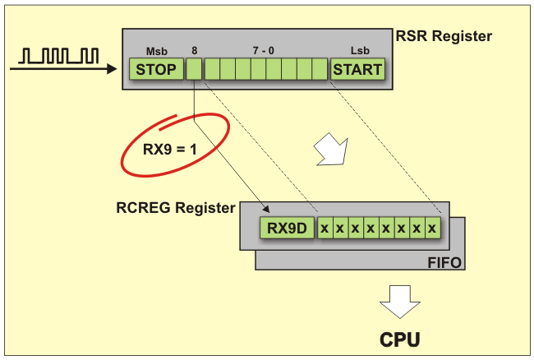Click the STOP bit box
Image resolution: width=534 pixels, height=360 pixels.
pos(156,69)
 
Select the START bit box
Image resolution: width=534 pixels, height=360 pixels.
pos(357,69)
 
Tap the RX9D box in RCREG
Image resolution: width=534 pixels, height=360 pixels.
pos(288,227)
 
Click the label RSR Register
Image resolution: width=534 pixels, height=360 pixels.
pos(444,36)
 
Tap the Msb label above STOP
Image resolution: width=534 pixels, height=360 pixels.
pos(156,51)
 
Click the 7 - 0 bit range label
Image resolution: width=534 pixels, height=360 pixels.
pos(263,51)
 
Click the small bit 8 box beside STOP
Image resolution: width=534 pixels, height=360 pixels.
pos(194,69)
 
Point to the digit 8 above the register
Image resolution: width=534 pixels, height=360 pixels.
pos(195,51)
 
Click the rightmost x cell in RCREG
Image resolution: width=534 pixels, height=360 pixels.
pos(431,227)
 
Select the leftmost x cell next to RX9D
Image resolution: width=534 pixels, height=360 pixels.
pos(325,227)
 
